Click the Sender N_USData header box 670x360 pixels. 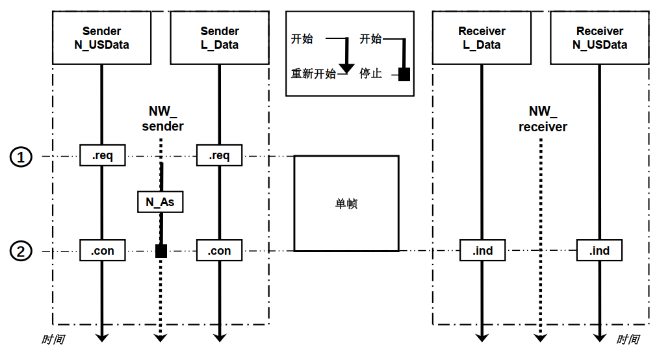[x=101, y=38]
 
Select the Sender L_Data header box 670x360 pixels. [x=220, y=38]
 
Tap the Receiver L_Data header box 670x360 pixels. [x=482, y=38]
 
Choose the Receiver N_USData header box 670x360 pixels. [x=600, y=38]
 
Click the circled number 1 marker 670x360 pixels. [x=21, y=157]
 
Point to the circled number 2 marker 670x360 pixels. [x=21, y=251]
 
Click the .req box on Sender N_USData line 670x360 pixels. [x=102, y=156]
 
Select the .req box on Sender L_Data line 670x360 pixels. [x=220, y=156]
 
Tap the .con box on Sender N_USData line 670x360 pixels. [x=102, y=251]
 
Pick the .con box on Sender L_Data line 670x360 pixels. [x=220, y=251]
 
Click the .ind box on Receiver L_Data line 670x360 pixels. [x=482, y=251]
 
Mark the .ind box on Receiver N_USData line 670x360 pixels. [x=599, y=251]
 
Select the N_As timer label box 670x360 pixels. [x=160, y=202]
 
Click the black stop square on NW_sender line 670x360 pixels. [x=161, y=251]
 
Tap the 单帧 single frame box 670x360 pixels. [x=346, y=203]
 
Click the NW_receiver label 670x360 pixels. [x=542, y=120]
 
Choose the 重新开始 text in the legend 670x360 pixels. [x=313, y=73]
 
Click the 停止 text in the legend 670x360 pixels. [x=370, y=73]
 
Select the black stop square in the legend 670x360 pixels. [x=404, y=74]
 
